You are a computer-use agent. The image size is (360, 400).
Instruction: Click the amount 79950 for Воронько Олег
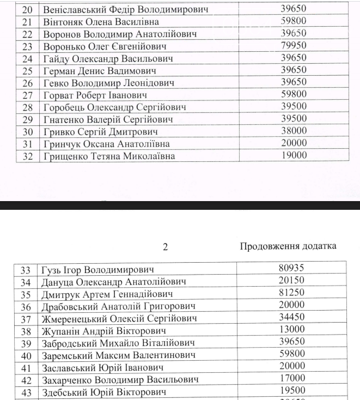point(294,46)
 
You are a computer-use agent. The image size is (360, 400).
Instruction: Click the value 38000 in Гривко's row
point(294,131)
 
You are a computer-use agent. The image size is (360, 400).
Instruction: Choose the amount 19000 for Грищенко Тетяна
point(294,155)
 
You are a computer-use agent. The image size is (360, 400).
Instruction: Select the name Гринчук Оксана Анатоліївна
point(106,144)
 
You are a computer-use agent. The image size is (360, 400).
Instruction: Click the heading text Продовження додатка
point(288,246)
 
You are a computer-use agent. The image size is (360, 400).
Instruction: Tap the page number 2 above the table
point(166,247)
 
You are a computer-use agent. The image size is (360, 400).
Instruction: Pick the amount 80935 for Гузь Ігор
point(291,268)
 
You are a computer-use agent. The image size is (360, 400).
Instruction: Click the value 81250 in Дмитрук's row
point(291,293)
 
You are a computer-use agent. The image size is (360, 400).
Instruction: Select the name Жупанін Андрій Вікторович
point(103,331)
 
